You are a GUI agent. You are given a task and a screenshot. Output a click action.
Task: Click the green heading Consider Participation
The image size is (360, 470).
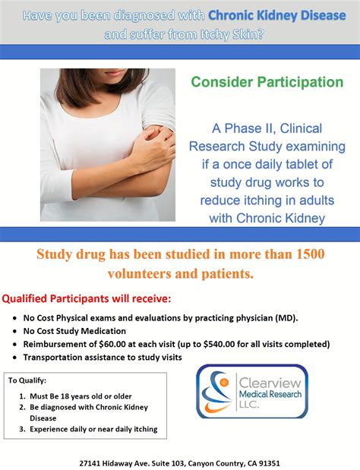(x=267, y=81)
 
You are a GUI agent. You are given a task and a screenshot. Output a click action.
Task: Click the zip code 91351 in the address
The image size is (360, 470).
(x=266, y=462)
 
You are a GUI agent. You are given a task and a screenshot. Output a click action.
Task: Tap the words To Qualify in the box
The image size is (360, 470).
(x=27, y=380)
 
